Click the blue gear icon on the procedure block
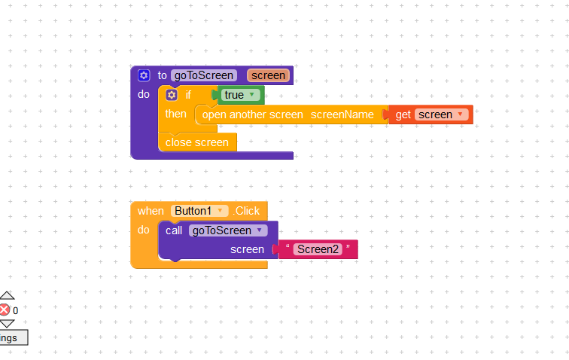(144, 75)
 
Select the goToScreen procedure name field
(203, 75)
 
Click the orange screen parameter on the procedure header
(268, 75)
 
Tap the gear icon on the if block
(172, 95)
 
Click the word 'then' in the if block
(176, 114)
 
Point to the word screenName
(342, 114)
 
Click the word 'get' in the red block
(403, 114)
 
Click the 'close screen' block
(197, 142)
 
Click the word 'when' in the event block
(151, 211)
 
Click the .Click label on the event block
(246, 211)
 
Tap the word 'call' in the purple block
(174, 230)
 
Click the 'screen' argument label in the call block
(247, 249)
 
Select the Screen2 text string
(318, 249)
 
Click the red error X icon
(5, 310)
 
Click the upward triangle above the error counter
(6, 295)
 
